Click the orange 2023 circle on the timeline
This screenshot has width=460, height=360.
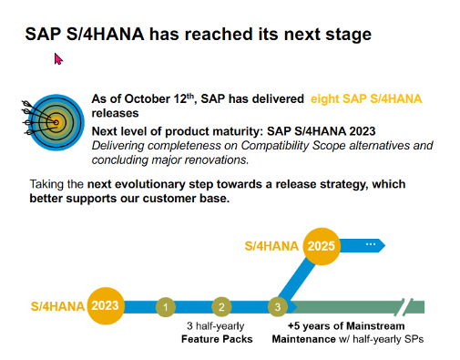[106, 305]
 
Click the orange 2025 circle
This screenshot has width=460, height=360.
[321, 245]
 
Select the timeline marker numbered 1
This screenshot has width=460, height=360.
[165, 307]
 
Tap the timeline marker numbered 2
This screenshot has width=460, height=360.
[220, 307]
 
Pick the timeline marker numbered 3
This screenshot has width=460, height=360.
[278, 307]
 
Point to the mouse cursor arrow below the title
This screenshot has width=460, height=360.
[58, 59]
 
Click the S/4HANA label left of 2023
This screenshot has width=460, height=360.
[57, 306]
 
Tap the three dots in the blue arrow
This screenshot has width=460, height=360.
[371, 245]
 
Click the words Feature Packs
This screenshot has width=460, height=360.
[217, 339]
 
